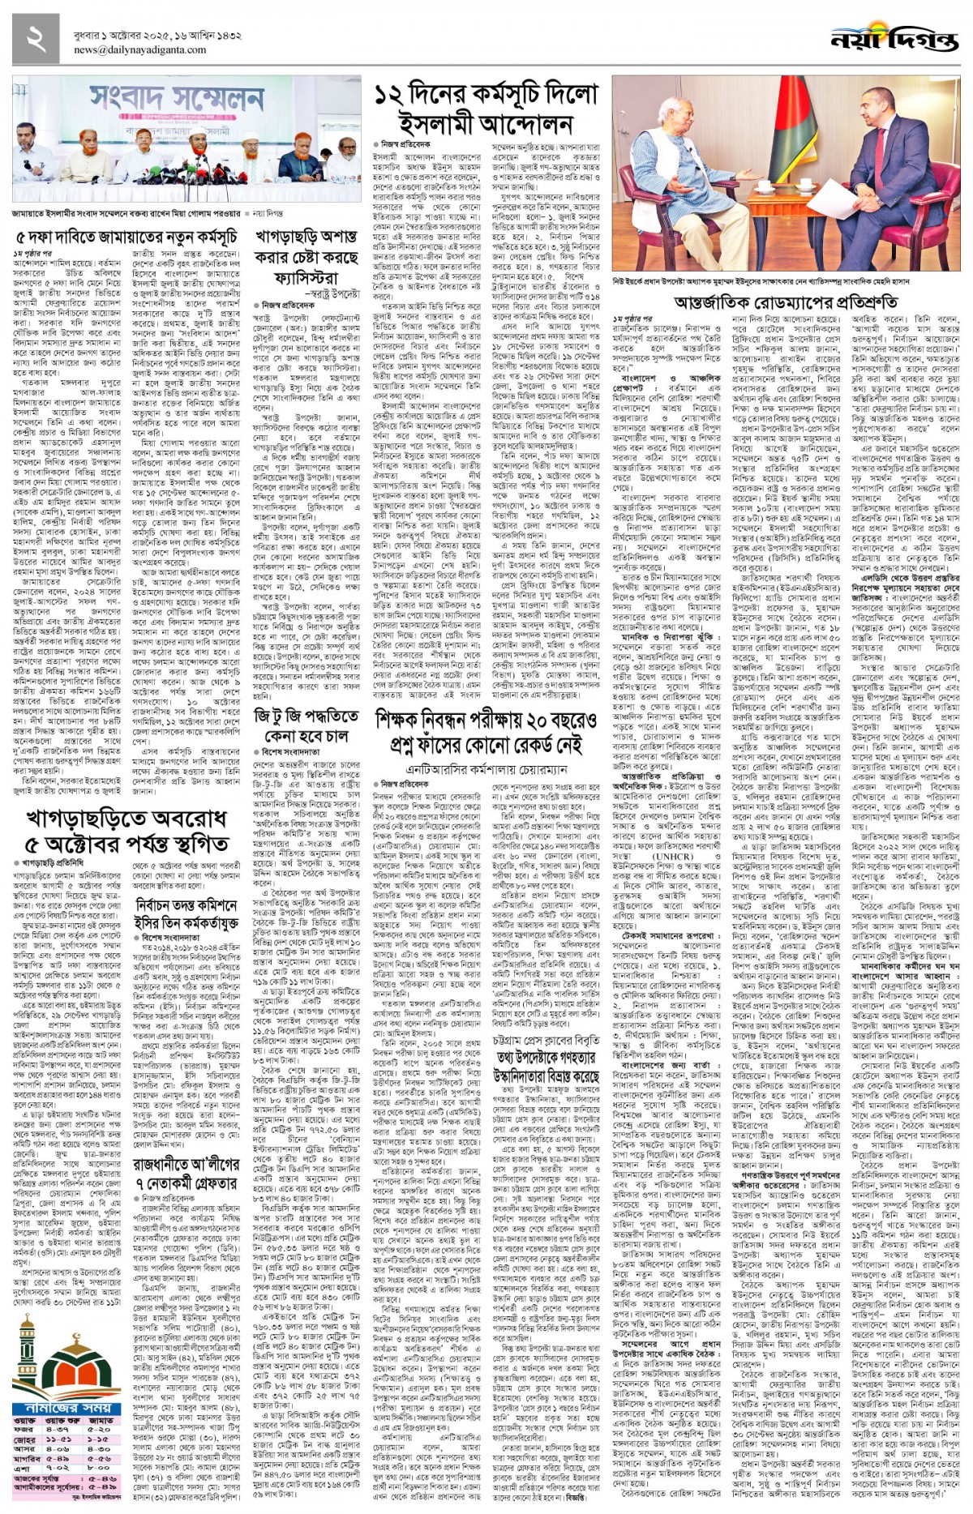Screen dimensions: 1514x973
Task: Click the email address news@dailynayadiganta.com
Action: [x=139, y=49]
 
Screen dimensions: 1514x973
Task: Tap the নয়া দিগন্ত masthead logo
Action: [x=894, y=39]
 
